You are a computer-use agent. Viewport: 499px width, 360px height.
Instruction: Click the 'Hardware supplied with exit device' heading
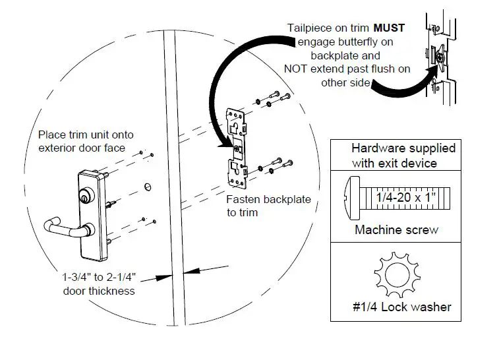[403, 156]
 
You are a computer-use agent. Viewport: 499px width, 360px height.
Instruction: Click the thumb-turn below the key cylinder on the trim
[88, 229]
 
